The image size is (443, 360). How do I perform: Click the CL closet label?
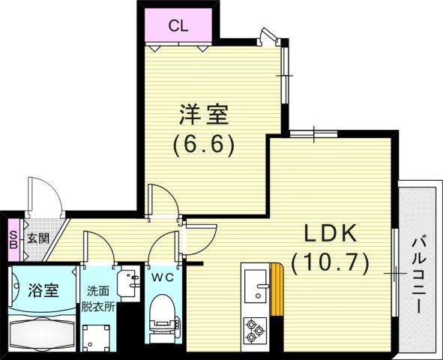tap(178, 26)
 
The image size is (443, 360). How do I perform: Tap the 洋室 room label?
tap(204, 115)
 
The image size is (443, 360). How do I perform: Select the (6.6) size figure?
tap(204, 145)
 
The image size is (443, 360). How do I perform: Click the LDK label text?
tap(330, 233)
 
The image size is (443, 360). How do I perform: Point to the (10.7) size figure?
tap(330, 263)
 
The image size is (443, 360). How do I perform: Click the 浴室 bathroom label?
tap(43, 290)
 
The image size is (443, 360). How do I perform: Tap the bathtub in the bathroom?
tap(43, 333)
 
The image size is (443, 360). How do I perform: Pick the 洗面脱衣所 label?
tap(98, 299)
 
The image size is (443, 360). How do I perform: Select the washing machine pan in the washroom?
tap(96, 338)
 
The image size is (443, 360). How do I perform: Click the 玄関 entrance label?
tap(38, 238)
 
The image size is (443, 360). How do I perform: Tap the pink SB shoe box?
tap(13, 240)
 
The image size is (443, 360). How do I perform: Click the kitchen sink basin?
tap(256, 286)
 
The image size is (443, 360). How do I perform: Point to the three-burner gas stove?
tap(255, 329)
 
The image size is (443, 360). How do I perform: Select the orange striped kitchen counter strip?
tap(277, 289)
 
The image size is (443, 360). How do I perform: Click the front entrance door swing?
tap(45, 195)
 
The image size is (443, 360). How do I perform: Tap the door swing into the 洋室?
tap(163, 201)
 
